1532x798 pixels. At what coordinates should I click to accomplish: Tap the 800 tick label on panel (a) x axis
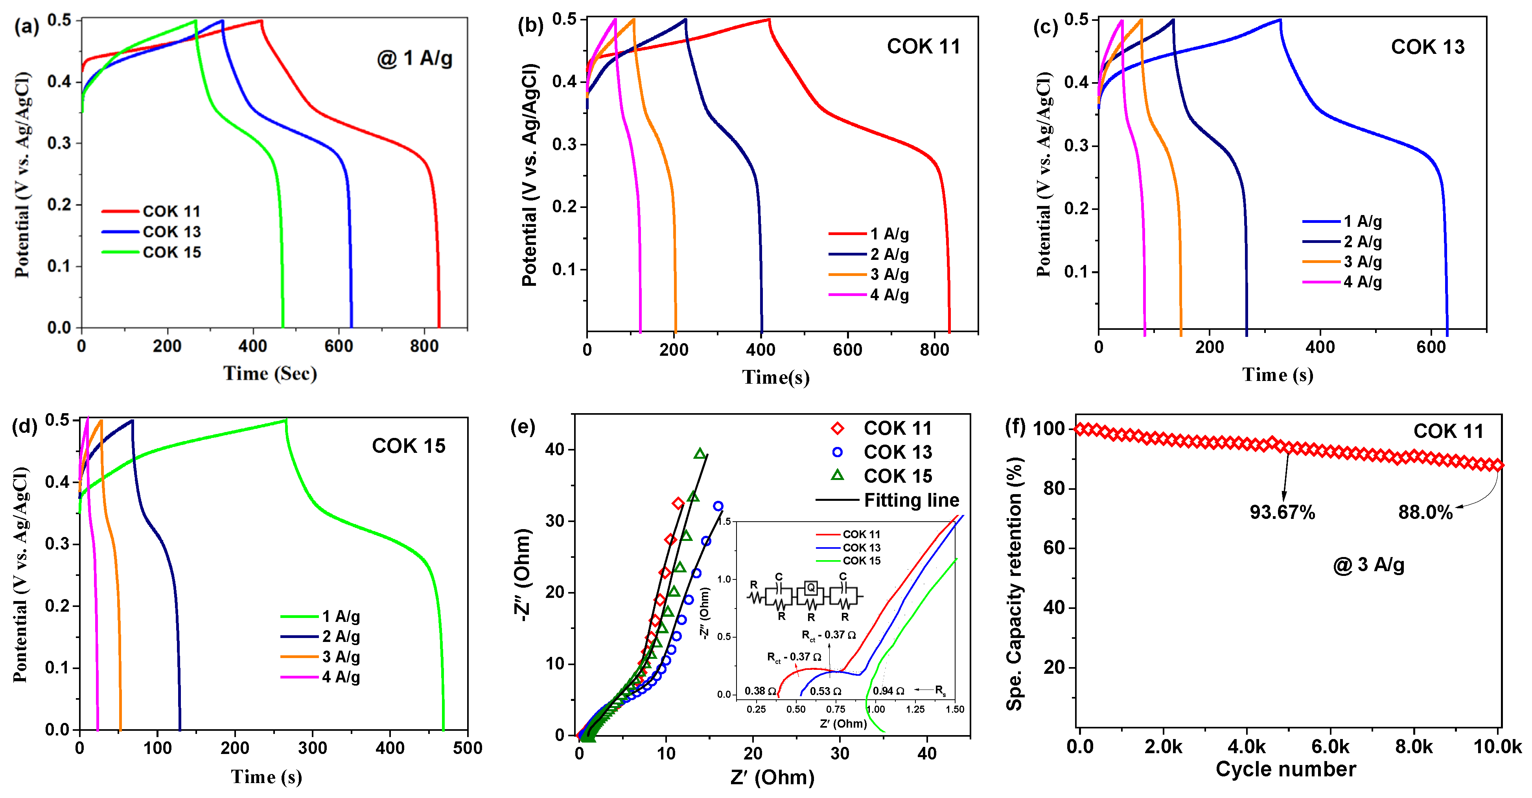pos(424,346)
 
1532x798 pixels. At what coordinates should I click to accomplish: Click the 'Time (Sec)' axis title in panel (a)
pos(270,373)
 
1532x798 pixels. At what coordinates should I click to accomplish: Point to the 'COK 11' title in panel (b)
pos(923,46)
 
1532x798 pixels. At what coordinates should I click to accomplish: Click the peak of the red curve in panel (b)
pos(768,20)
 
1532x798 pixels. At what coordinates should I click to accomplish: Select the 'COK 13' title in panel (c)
pos(1427,47)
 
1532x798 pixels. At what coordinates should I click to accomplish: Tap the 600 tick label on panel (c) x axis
pos(1430,347)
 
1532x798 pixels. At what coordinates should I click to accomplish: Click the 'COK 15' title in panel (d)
pos(409,446)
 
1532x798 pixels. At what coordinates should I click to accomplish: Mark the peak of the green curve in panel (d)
pos(285,420)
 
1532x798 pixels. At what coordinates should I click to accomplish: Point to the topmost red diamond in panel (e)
pos(678,504)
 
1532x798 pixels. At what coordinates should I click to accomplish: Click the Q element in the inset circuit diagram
pos(810,588)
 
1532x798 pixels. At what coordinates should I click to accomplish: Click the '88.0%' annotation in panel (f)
pos(1425,512)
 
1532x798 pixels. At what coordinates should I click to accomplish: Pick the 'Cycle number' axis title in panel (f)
pos(1286,769)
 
